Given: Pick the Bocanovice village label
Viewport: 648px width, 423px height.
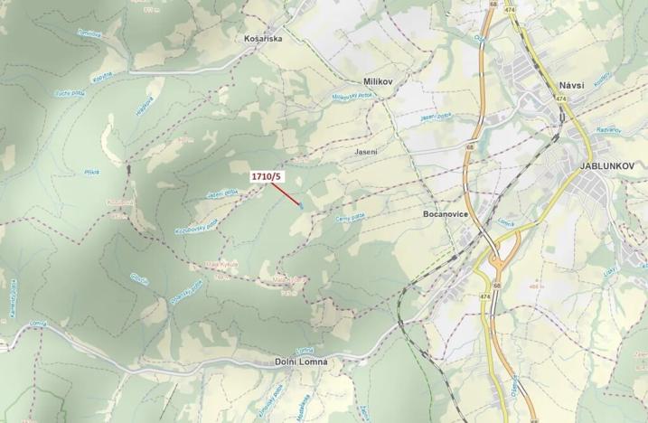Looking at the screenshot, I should (x=444, y=215).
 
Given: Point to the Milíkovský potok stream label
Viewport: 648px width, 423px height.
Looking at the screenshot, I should (x=352, y=95).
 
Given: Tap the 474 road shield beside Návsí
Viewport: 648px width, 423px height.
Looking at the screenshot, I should (x=561, y=99).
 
